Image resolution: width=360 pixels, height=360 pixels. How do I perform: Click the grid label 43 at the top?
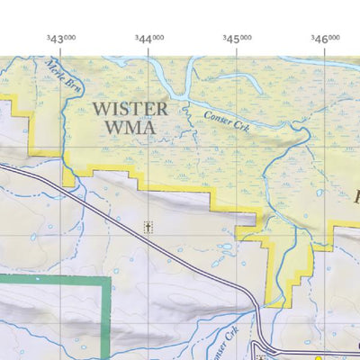pyautogui.click(x=61, y=39)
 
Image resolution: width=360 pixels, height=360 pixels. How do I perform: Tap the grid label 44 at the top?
pyautogui.click(x=149, y=39)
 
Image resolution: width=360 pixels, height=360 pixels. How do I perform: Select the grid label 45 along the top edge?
pyautogui.click(x=238, y=39)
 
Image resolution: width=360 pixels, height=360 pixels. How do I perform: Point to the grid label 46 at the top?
pyautogui.click(x=326, y=39)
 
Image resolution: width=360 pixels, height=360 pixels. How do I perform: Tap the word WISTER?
pyautogui.click(x=130, y=109)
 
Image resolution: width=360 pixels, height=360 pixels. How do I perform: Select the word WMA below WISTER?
pyautogui.click(x=130, y=128)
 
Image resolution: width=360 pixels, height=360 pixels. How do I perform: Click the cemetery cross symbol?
pyautogui.click(x=148, y=227)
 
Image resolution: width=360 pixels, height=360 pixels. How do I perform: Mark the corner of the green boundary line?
pyautogui.click(x=109, y=279)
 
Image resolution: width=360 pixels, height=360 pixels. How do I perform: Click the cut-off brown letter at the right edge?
pyautogui.click(x=355, y=194)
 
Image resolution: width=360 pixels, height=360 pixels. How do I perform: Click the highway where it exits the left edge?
pyautogui.click(x=2, y=165)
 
